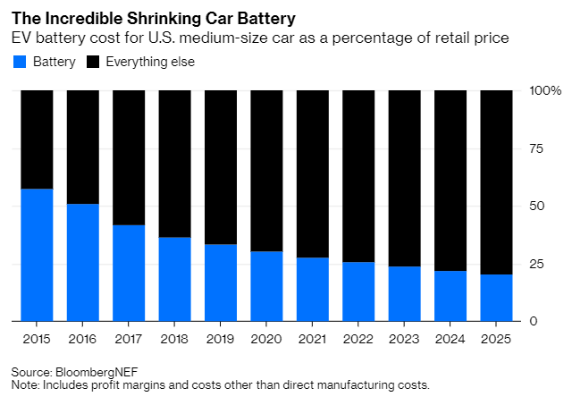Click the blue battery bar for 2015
point(37,255)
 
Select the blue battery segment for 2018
point(175,279)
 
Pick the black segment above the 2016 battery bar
point(83,148)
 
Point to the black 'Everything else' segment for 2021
point(312,173)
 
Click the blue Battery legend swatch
point(19,63)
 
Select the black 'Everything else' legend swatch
point(93,63)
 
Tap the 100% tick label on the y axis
point(545,91)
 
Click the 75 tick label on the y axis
point(537,148)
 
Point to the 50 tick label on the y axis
point(537,207)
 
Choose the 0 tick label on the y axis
point(534,321)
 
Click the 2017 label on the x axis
point(130,339)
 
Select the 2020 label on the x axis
point(267,339)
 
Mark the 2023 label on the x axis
point(405,339)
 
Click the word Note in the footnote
point(25,384)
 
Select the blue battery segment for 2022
point(358,291)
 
